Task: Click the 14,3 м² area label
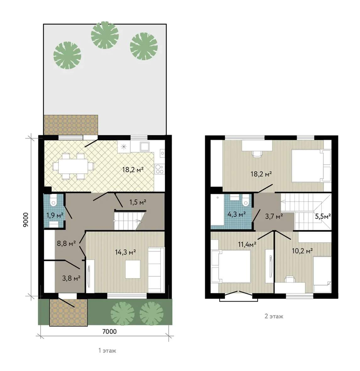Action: click(x=125, y=252)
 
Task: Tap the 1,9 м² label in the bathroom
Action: click(x=55, y=215)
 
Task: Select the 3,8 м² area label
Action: click(x=71, y=278)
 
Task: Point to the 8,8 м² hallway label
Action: click(x=66, y=243)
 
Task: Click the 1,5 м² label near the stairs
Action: click(x=138, y=202)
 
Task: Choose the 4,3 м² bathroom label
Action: click(x=236, y=214)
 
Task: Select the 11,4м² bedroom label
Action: click(x=247, y=244)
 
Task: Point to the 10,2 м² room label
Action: click(x=302, y=251)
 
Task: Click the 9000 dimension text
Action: click(x=25, y=220)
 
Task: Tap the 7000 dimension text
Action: click(x=109, y=331)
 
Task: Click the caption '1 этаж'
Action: click(x=107, y=351)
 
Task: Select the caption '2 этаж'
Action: click(x=274, y=316)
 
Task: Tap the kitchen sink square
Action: click(x=144, y=147)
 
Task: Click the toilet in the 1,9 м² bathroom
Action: click(x=54, y=200)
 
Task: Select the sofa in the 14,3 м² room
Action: click(x=156, y=270)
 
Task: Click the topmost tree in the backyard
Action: click(x=105, y=35)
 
